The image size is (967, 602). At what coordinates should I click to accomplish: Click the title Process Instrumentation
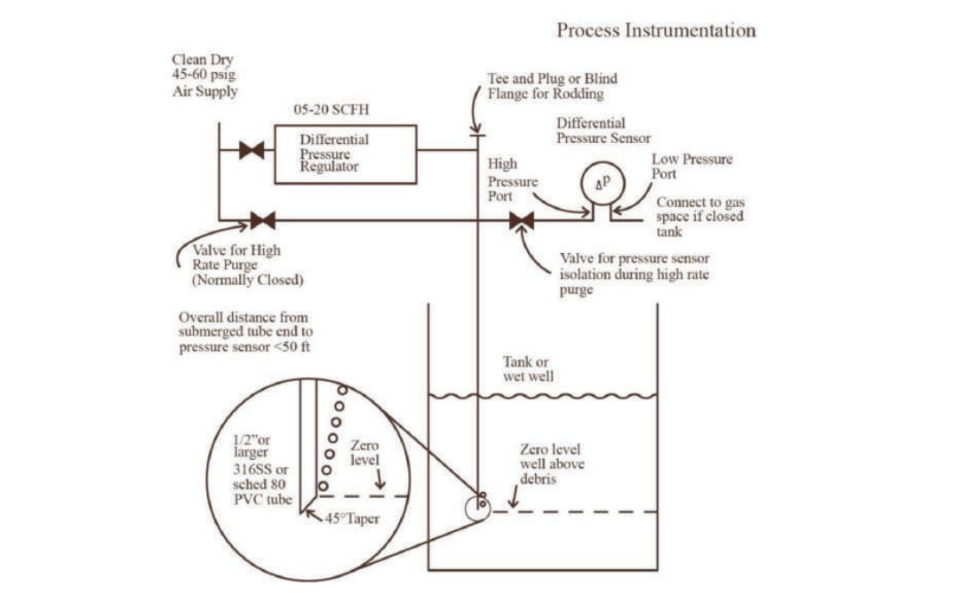pos(656,30)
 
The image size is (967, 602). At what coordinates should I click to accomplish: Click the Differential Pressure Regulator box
pos(345,154)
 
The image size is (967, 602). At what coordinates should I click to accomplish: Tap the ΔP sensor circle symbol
pos(596,183)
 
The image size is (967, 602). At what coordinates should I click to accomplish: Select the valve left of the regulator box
pos(252,150)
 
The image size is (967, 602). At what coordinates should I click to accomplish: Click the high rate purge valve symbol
pos(262,220)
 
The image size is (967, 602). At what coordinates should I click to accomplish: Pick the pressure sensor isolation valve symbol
pos(522,220)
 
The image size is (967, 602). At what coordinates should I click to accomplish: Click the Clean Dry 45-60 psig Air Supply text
pos(204,75)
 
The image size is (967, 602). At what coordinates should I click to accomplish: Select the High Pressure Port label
pos(513,181)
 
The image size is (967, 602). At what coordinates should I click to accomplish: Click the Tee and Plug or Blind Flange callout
pos(551,85)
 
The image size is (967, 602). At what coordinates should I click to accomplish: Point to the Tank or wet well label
pos(529,368)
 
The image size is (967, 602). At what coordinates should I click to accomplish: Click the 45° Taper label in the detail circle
pos(352,518)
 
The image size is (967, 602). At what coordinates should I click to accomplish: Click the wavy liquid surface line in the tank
pos(543,395)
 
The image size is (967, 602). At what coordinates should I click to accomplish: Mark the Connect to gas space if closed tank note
pos(699,217)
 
